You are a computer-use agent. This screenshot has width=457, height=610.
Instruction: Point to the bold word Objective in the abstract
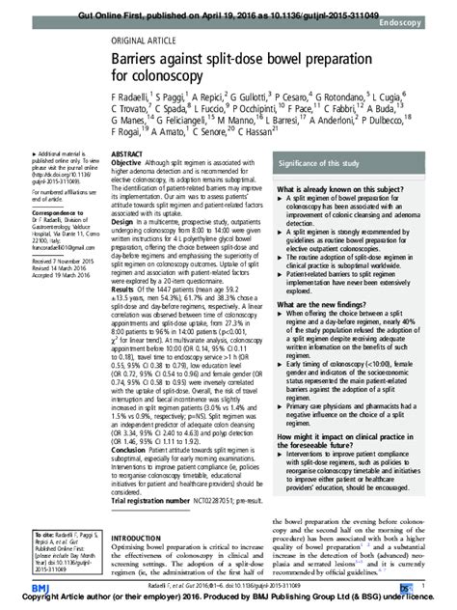point(130,163)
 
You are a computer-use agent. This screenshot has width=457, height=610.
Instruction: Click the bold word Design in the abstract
point(125,220)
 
